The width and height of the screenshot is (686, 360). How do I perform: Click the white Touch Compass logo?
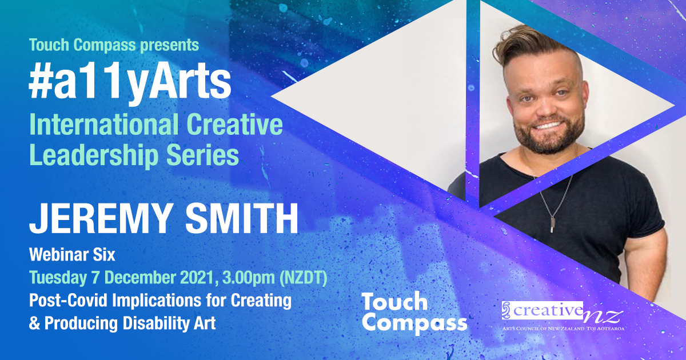pyautogui.click(x=414, y=312)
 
